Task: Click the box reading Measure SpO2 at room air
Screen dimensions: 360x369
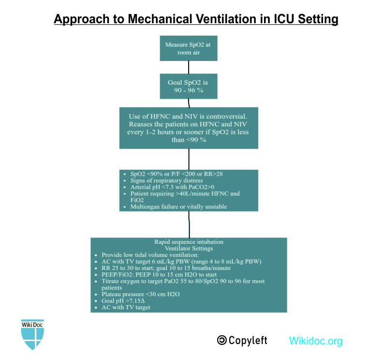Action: pyautogui.click(x=188, y=48)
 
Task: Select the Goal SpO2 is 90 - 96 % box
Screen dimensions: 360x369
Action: pyautogui.click(x=188, y=86)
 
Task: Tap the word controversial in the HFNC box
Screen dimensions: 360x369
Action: pyautogui.click(x=225, y=117)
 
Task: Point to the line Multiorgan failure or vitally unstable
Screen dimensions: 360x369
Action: pyautogui.click(x=178, y=207)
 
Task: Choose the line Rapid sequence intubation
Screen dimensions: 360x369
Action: pyautogui.click(x=189, y=241)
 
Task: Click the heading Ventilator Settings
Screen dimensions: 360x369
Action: pyautogui.click(x=189, y=248)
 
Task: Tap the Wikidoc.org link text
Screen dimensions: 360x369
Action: pyautogui.click(x=315, y=341)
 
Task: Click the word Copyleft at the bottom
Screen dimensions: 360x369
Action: pyautogui.click(x=248, y=340)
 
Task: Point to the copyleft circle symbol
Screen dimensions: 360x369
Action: pyautogui.click(x=222, y=340)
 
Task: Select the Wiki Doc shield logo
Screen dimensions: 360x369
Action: pyautogui.click(x=32, y=334)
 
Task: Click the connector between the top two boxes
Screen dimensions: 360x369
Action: pyautogui.click(x=189, y=67)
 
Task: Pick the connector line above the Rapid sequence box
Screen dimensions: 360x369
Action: pyautogui.click(x=189, y=225)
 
